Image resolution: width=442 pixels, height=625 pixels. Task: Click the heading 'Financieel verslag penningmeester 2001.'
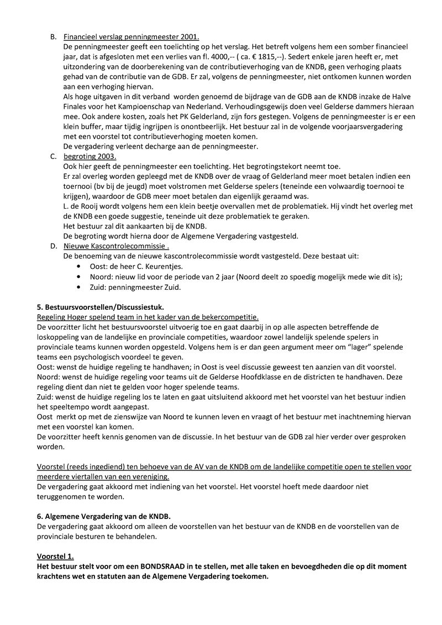[131, 37]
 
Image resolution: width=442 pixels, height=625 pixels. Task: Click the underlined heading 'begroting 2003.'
[90, 157]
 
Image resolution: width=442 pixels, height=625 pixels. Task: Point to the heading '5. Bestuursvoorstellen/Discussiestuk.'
[100, 306]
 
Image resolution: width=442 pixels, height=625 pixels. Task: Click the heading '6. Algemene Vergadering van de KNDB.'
[103, 516]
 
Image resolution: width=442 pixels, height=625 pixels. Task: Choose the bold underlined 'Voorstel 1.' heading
[55, 556]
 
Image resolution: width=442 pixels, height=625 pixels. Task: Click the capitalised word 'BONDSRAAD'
[168, 566]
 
